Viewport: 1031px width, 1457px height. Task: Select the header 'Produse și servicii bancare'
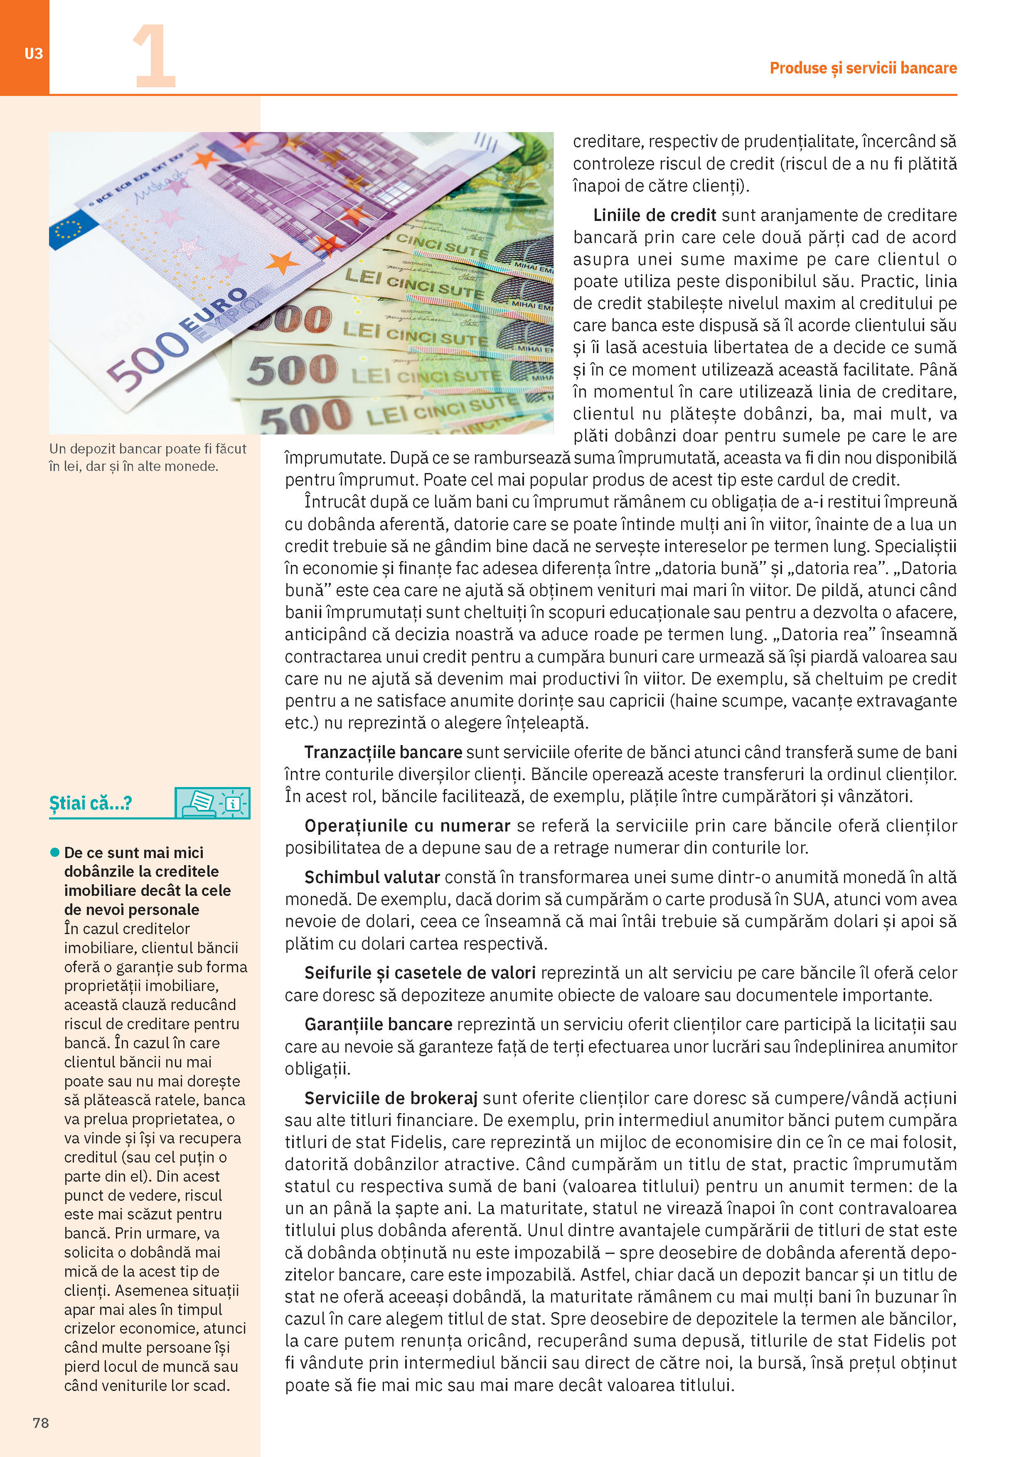863,68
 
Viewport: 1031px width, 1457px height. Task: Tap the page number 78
41,1423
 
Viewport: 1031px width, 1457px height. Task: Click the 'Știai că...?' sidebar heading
90,803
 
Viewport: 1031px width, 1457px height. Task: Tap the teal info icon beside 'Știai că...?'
213,803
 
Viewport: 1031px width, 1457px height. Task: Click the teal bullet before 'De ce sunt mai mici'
55,852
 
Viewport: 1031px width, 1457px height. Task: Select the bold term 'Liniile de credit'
655,215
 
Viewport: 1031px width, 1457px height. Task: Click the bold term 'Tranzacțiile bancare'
383,752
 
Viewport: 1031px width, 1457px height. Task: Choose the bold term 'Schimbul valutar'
372,877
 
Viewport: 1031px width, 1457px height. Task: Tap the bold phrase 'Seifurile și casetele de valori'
420,972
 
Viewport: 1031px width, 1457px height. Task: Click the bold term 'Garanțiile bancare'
379,1024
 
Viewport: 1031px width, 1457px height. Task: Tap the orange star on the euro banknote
282,262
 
